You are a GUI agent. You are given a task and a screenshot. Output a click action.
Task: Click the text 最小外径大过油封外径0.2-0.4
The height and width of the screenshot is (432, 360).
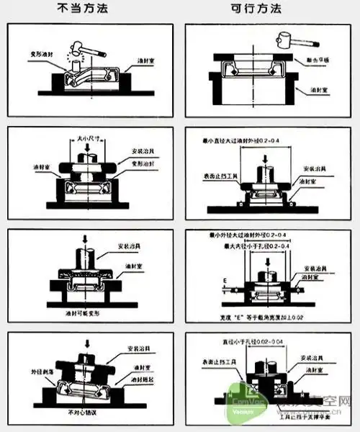[260, 235]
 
